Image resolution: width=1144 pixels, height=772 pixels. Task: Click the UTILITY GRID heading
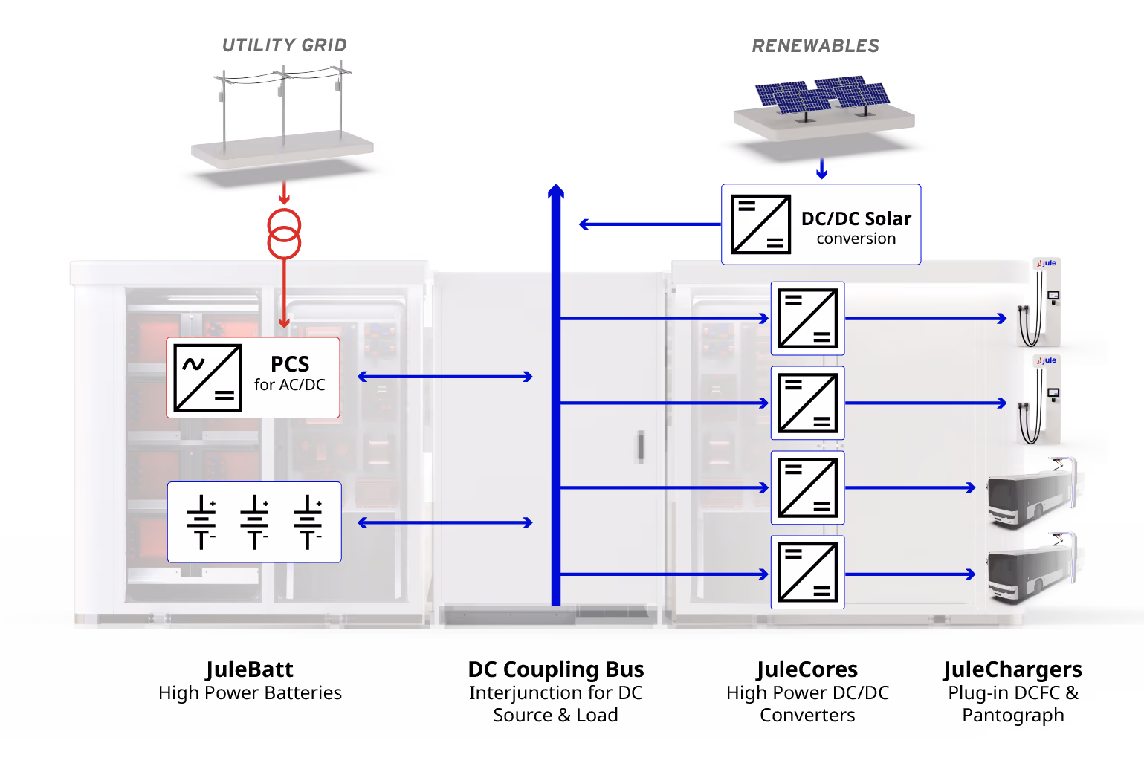tap(284, 45)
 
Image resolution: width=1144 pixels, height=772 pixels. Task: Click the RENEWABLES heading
tap(815, 46)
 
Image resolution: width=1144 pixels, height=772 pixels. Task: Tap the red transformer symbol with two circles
tap(284, 233)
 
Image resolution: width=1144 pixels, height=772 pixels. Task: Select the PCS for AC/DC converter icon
tap(207, 377)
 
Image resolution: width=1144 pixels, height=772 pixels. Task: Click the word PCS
tap(290, 364)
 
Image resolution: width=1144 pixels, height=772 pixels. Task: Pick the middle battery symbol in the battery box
tap(254, 522)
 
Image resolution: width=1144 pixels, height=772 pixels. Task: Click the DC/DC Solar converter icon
tap(760, 224)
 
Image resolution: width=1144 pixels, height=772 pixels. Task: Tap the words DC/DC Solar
tap(856, 218)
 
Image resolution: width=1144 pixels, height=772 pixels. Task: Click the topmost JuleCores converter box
tap(807, 318)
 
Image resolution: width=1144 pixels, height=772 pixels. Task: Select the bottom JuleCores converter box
tap(807, 572)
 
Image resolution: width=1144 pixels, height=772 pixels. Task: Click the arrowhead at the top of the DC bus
tap(555, 192)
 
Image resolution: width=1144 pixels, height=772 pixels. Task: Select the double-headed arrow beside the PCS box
tap(445, 377)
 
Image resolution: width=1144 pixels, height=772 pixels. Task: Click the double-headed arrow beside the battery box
tap(445, 522)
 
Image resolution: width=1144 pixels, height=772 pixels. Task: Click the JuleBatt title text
tap(250, 669)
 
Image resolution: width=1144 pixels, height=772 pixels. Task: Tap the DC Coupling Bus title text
tap(555, 669)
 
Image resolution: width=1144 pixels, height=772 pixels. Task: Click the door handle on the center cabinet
tap(639, 447)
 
